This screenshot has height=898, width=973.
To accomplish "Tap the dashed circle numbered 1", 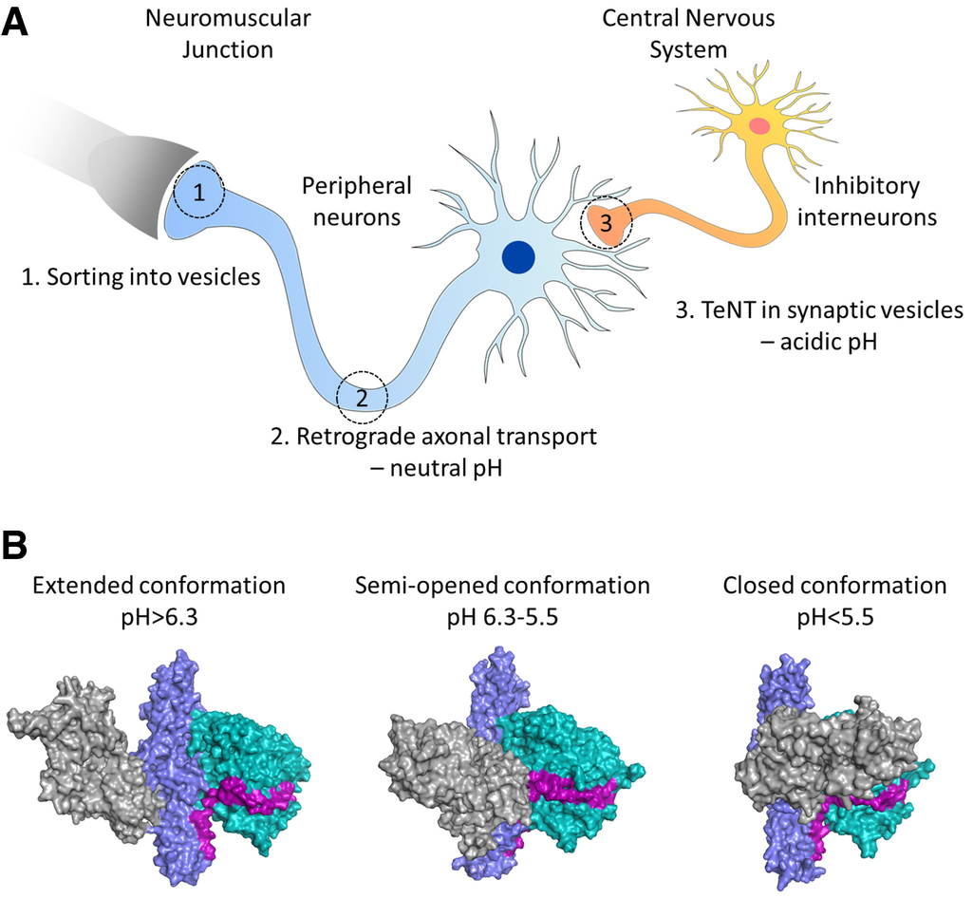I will pos(199,193).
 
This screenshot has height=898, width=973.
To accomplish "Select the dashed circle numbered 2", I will pos(362,395).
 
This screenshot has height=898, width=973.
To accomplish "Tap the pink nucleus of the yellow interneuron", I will pos(759,125).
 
